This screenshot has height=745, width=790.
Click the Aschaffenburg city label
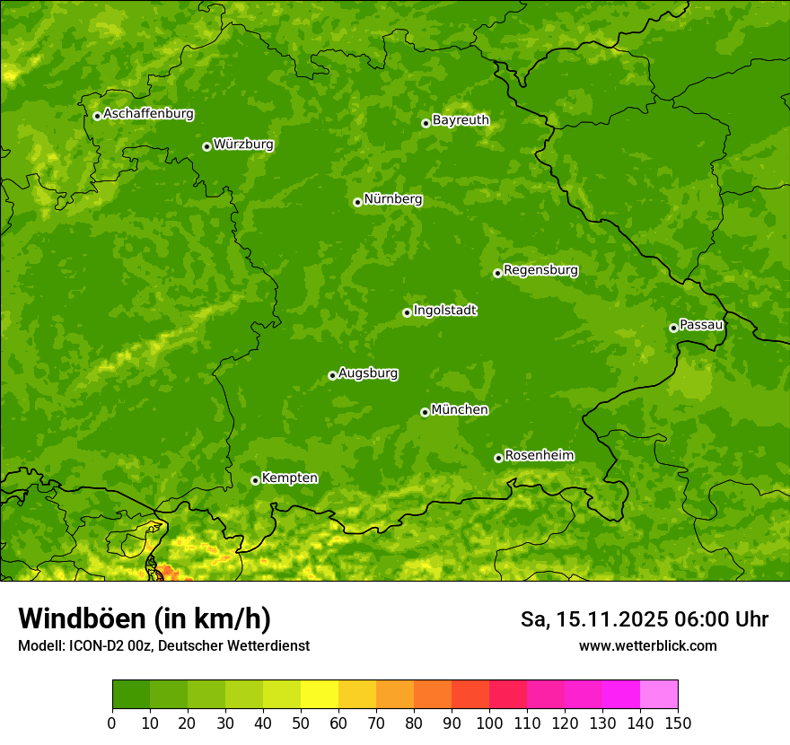coord(148,114)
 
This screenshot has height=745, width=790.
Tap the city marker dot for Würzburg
coord(206,146)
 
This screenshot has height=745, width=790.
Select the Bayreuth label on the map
coord(461,119)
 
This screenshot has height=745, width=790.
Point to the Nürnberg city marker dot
coord(357,202)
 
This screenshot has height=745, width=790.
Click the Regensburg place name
coord(540,269)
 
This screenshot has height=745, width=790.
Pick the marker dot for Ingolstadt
coord(407,312)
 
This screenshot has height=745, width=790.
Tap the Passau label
coord(701,324)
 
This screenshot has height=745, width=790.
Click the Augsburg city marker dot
coord(332,375)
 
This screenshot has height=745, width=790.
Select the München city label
coord(460,409)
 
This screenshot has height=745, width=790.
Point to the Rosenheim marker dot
coord(498,458)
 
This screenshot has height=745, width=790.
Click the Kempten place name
coord(289,478)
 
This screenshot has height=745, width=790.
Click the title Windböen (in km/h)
coord(144,618)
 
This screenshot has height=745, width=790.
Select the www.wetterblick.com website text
coord(647,645)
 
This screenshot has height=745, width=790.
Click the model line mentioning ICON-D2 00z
coord(163,645)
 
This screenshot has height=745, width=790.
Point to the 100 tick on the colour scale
coord(488,723)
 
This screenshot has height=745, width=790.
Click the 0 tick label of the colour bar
coord(112,723)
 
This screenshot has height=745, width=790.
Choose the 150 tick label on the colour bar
coord(677,723)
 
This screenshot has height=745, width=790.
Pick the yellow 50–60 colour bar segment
coord(319,695)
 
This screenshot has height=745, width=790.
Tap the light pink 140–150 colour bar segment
coord(658,695)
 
